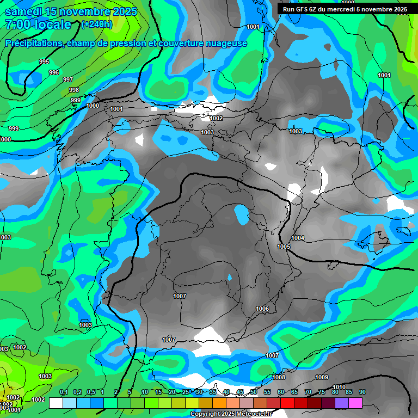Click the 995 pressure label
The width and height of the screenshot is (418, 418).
click(44, 62)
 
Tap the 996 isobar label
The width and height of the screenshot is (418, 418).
click(54, 72)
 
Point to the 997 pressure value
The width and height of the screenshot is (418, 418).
click(68, 79)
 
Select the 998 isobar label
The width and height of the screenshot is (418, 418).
click(74, 90)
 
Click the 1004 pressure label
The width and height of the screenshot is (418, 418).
click(298, 238)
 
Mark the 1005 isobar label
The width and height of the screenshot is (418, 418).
click(284, 247)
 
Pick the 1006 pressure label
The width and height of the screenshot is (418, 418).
click(262, 309)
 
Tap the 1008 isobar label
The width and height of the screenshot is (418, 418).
click(279, 377)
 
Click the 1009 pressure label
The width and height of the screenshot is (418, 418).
click(322, 377)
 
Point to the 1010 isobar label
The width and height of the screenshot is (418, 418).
click(339, 387)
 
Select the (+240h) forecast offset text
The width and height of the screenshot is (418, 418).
click(96, 24)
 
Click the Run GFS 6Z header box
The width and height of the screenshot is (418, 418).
click(345, 9)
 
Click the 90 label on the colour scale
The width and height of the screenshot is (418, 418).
click(362, 392)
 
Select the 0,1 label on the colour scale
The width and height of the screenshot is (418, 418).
click(63, 392)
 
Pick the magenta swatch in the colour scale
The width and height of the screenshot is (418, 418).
click(355, 403)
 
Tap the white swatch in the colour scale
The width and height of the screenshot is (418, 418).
click(56, 403)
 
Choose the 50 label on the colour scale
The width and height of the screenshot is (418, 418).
click(254, 392)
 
